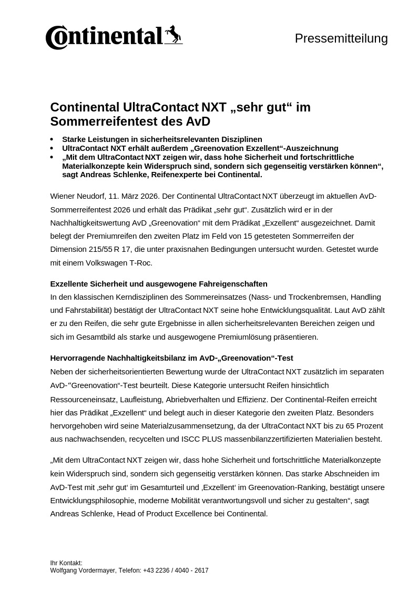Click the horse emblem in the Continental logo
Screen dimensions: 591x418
pos(174,35)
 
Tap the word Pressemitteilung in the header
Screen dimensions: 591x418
pos(341,38)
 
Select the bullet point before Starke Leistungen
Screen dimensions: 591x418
pos(52,140)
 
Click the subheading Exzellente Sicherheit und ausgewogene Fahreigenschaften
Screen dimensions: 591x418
pos(159,284)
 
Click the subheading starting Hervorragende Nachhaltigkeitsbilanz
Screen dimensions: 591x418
pos(171,358)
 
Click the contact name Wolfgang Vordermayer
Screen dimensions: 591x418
pos(83,570)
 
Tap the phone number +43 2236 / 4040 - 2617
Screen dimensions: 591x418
pos(176,570)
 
